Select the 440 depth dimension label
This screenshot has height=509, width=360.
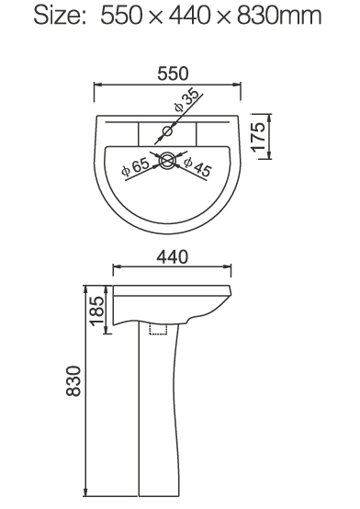click(x=172, y=258)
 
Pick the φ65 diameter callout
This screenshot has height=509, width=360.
click(x=134, y=168)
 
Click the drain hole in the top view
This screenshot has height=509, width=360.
click(x=167, y=161)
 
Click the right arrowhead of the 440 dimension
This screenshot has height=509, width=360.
click(x=229, y=269)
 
